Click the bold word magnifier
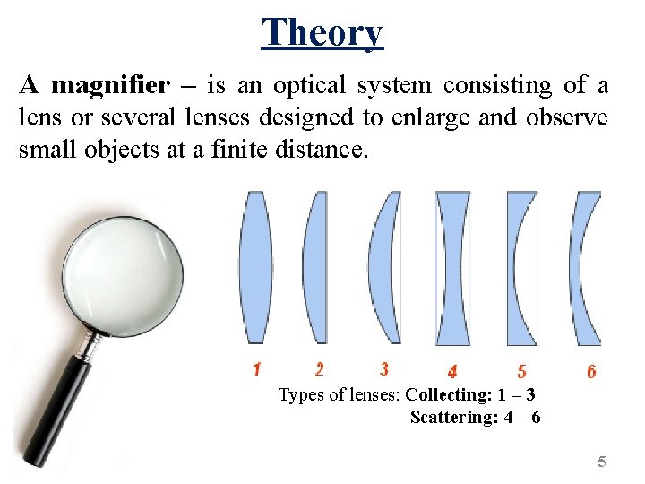tap(110, 86)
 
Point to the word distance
tap(322, 149)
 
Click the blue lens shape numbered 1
tap(255, 267)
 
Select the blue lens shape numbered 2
tap(316, 267)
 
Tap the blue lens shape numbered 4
tap(452, 267)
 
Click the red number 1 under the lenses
tap(256, 368)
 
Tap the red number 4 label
tap(452, 371)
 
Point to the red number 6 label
tap(591, 371)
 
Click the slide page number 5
tap(602, 462)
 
